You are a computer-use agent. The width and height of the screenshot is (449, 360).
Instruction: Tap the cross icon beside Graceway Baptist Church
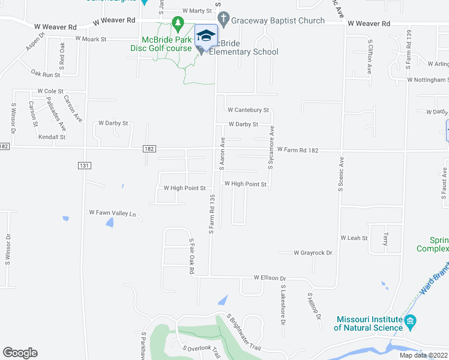(x=223, y=21)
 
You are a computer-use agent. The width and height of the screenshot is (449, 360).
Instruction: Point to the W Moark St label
(x=91, y=39)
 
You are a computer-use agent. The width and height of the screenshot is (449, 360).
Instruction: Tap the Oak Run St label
(x=46, y=74)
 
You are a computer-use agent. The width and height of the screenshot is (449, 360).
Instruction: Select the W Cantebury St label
(x=248, y=110)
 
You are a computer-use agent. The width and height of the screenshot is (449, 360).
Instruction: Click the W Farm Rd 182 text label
(x=297, y=149)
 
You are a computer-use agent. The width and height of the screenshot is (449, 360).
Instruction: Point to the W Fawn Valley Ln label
(x=113, y=213)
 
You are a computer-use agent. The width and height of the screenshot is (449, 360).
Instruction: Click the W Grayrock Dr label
(x=313, y=253)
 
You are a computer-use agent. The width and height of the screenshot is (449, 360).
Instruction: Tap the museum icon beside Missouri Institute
(x=411, y=323)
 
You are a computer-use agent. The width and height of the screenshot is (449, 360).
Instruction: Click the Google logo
(x=20, y=353)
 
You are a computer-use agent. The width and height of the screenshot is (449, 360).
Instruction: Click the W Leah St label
(x=354, y=238)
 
